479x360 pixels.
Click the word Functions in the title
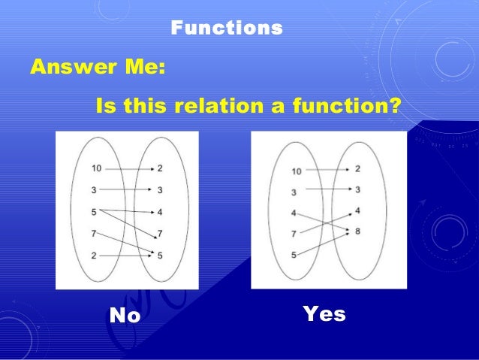click(x=227, y=29)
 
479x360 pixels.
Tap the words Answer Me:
click(x=98, y=68)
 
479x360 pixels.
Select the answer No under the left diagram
click(x=125, y=316)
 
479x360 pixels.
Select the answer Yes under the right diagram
click(x=324, y=314)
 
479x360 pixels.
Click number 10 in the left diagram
click(x=96, y=168)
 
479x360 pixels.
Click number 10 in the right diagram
click(x=297, y=171)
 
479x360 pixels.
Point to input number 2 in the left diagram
click(x=94, y=256)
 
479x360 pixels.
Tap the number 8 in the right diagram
click(x=357, y=231)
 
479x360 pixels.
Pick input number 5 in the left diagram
click(x=94, y=212)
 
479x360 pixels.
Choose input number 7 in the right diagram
click(x=294, y=234)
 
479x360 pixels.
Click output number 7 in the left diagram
click(x=161, y=234)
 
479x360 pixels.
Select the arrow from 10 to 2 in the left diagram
click(x=128, y=168)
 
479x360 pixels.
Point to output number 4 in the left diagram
click(x=161, y=212)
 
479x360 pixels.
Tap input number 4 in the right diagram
click(x=294, y=213)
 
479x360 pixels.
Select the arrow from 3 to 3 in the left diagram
click(x=128, y=190)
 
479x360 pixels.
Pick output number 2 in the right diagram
click(x=357, y=169)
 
